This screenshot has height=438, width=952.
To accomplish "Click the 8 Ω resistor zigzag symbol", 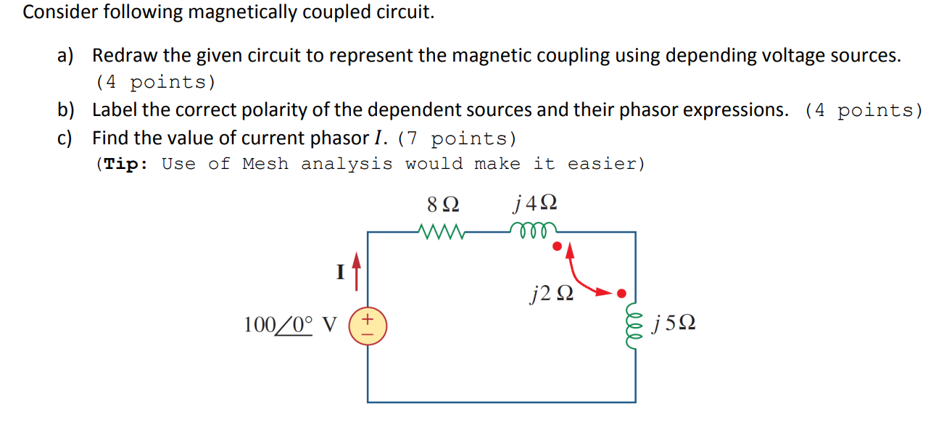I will [x=442, y=232].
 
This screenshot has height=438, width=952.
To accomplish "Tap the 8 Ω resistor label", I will [x=442, y=204].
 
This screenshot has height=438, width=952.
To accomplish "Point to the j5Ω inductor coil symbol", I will [x=634, y=324].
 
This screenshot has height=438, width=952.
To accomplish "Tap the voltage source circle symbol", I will [x=368, y=324].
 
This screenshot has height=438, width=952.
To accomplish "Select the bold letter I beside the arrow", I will [x=340, y=273].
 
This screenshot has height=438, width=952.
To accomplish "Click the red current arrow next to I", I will [x=356, y=270].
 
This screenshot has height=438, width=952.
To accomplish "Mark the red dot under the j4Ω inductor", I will [x=557, y=247].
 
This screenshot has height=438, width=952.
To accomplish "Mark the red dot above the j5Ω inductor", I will [x=620, y=294].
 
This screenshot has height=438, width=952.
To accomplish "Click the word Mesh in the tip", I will [x=266, y=164].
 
